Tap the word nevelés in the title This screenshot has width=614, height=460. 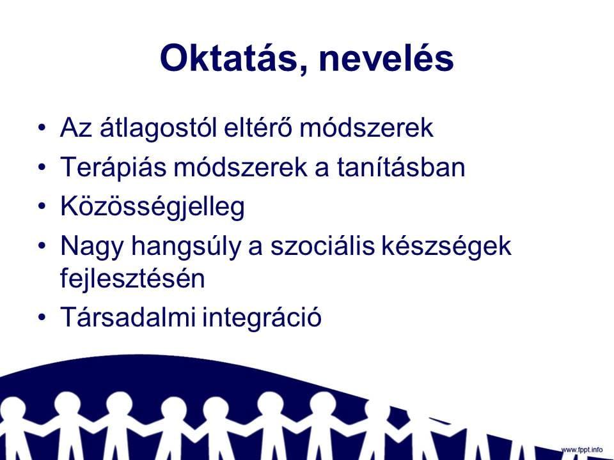pyautogui.click(x=386, y=58)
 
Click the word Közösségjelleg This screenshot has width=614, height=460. pyautogui.click(x=152, y=207)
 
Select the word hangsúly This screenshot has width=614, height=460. pyautogui.click(x=185, y=247)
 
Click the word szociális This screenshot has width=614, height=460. pyautogui.click(x=322, y=245)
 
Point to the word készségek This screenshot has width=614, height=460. pyautogui.click(x=447, y=247)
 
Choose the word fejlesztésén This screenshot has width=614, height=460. pyautogui.click(x=132, y=279)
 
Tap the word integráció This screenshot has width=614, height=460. pyautogui.click(x=262, y=318)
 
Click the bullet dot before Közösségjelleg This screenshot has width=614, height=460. pyautogui.click(x=42, y=207)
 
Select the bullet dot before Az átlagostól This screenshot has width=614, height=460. pyautogui.click(x=42, y=128)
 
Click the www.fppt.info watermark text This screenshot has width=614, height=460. pyautogui.click(x=582, y=450)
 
